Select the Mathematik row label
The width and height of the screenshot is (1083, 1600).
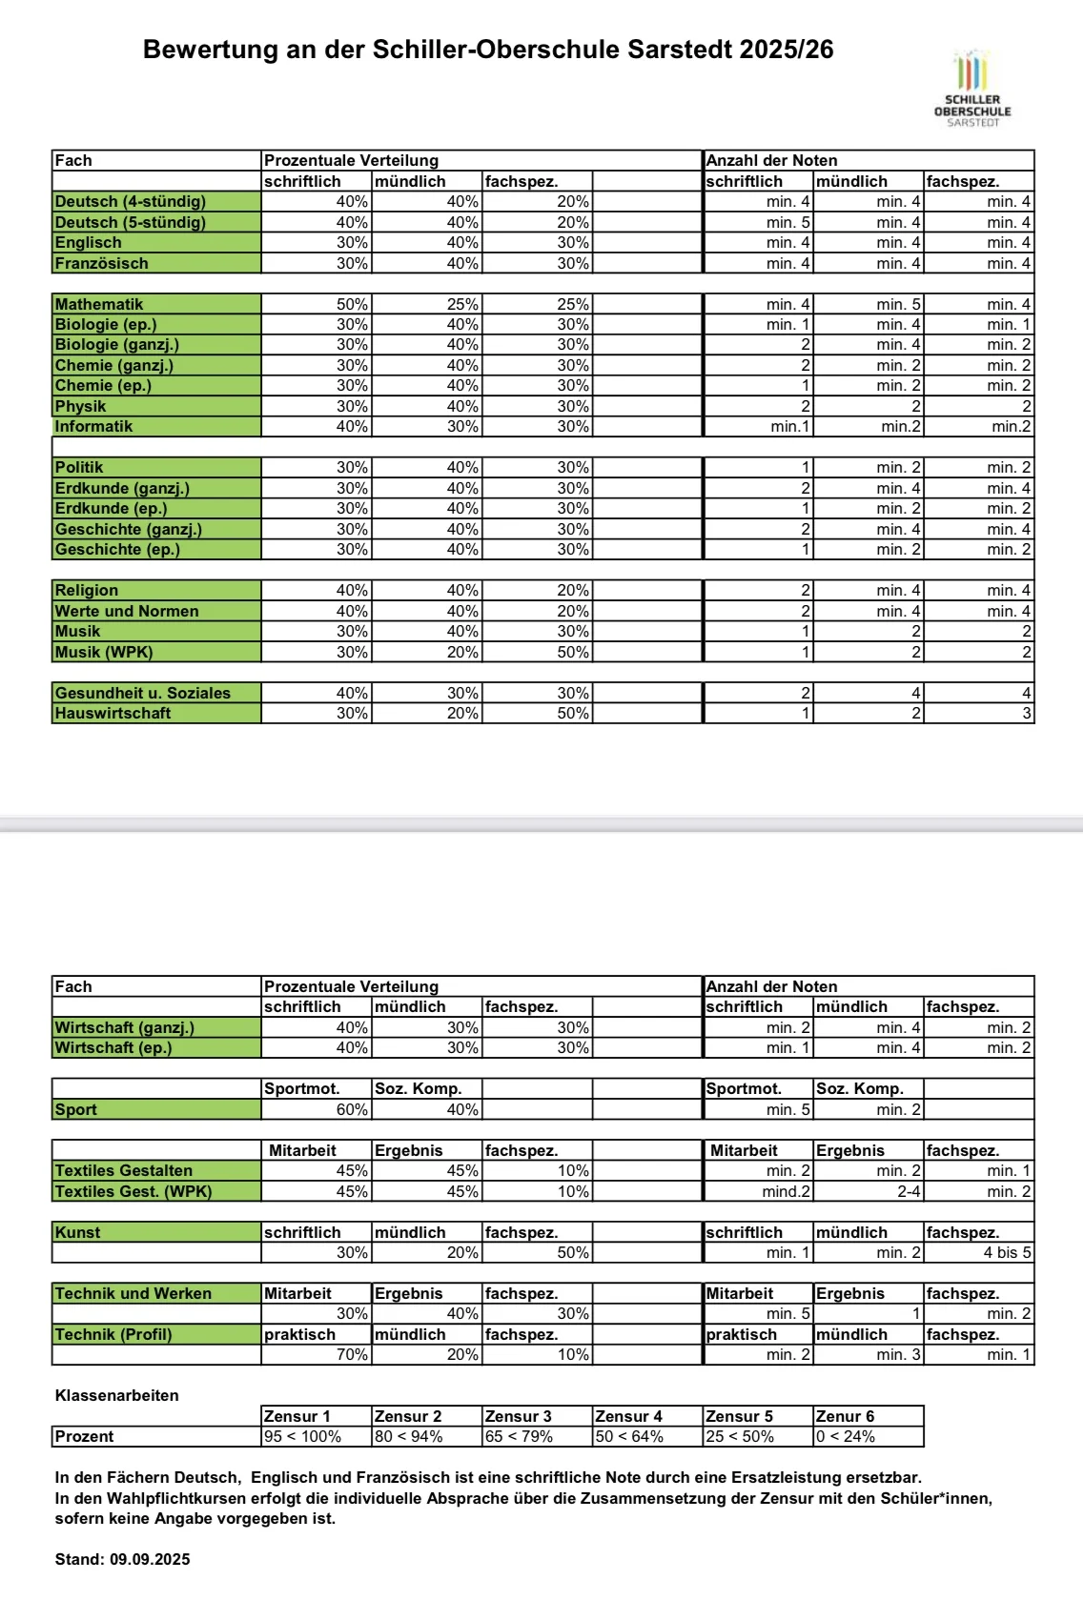(x=99, y=304)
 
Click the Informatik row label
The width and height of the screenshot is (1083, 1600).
(x=93, y=426)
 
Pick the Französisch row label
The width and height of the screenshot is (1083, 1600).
(x=101, y=263)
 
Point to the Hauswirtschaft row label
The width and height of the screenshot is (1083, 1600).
(x=112, y=713)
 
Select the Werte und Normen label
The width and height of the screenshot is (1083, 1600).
(x=127, y=611)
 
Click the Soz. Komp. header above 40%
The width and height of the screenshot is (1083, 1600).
(x=418, y=1088)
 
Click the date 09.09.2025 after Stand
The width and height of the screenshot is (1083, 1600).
(x=150, y=1559)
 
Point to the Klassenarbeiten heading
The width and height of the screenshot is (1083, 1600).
(x=116, y=1395)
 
